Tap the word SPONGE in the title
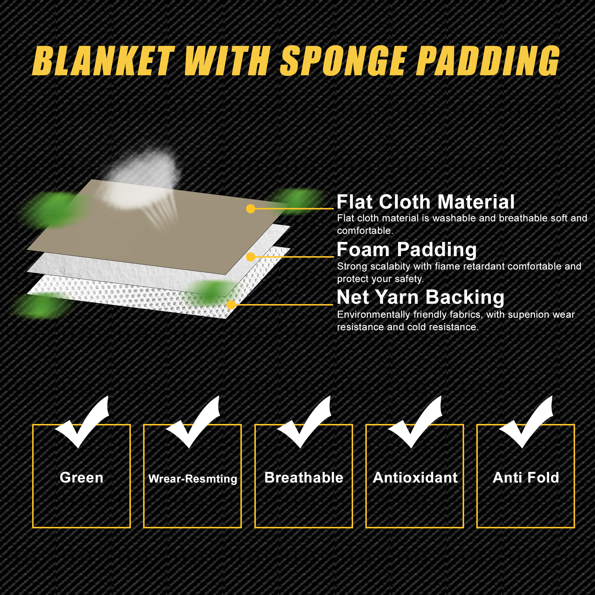pos(344,61)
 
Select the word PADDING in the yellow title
pos(488,61)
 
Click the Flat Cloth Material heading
pos(425,202)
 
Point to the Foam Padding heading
pos(406,250)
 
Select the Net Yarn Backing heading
pos(420,297)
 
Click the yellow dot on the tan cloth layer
pos(251,209)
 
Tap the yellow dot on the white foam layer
pos(251,257)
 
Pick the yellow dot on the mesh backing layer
pos(231,305)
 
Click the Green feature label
pos(82,478)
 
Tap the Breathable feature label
pos(304,478)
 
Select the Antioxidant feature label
pos(415,478)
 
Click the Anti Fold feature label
pos(526,478)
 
